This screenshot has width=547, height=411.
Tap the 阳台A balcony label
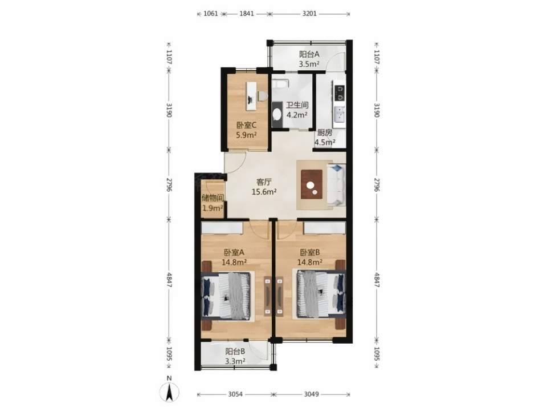pyautogui.click(x=309, y=55)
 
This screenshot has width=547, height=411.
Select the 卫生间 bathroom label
pyautogui.click(x=297, y=105)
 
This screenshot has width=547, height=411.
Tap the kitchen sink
pyautogui.click(x=339, y=114)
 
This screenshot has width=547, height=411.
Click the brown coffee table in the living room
pyautogui.click(x=312, y=184)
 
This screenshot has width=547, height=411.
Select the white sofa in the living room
pyautogui.click(x=336, y=185)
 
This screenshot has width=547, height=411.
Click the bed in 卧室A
pyautogui.click(x=226, y=296)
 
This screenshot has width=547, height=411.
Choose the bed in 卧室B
pyautogui.click(x=321, y=295)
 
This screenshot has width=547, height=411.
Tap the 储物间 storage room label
pyautogui.click(x=213, y=198)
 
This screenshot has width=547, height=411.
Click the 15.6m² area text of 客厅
pyautogui.click(x=264, y=192)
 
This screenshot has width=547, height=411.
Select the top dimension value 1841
pyautogui.click(x=247, y=14)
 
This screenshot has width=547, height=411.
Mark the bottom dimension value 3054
pyautogui.click(x=235, y=394)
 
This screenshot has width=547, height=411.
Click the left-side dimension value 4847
pyautogui.click(x=169, y=280)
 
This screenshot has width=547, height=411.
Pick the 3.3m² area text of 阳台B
pyautogui.click(x=235, y=361)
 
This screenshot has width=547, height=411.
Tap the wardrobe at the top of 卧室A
pyautogui.click(x=222, y=228)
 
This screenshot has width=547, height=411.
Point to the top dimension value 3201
pyautogui.click(x=309, y=14)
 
